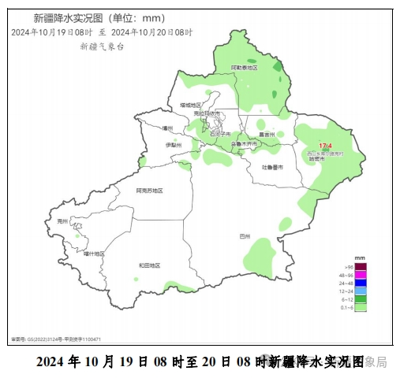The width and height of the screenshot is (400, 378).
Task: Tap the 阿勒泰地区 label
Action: (245, 69)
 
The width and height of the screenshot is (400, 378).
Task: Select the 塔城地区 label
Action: (190, 105)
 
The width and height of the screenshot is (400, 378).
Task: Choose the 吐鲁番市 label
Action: (273, 167)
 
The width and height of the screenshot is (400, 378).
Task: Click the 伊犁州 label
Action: (174, 146)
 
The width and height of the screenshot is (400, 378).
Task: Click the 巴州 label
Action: (245, 235)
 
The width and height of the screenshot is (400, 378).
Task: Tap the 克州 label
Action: (63, 222)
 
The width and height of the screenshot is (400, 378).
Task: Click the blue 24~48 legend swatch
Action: (361, 283)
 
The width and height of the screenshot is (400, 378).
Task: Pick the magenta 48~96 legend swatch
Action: (361, 275)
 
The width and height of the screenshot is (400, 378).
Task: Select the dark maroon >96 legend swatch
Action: (361, 266)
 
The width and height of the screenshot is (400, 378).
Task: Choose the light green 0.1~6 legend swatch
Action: (361, 308)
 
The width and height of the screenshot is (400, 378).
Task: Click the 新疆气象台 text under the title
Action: (101, 46)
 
